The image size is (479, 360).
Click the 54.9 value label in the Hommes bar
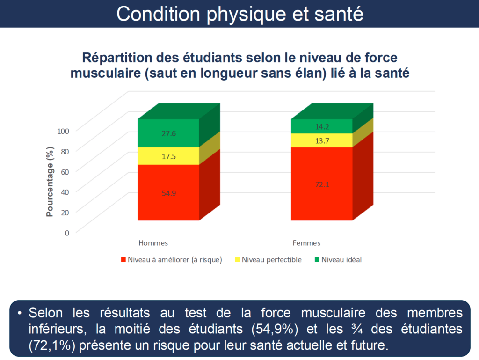point(169,193)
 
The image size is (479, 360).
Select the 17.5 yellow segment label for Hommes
point(169,156)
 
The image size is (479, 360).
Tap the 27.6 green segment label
point(169,133)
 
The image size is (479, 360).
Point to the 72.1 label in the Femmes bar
point(322,184)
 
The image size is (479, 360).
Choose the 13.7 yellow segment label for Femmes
point(322,141)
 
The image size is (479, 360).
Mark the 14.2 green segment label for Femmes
point(322,126)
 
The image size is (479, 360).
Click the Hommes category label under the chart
point(153,243)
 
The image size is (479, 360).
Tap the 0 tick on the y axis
point(67,233)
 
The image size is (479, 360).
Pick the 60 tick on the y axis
point(65,171)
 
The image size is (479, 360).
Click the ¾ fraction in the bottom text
point(357,329)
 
